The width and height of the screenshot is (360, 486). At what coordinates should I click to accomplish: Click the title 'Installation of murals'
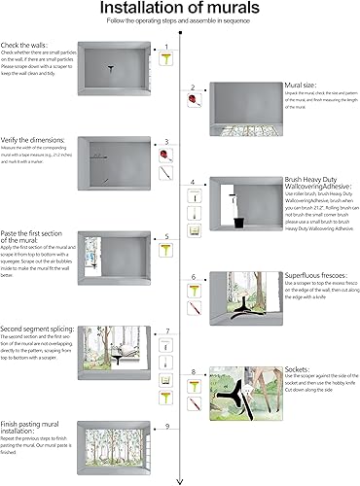tap(179, 10)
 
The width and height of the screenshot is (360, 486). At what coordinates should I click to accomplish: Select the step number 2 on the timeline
tap(193, 87)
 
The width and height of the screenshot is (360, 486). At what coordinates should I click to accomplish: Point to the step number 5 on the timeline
tap(166, 235)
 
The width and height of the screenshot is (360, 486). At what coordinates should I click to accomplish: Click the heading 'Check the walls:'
tap(26, 46)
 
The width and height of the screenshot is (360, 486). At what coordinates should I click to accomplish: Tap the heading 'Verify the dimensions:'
tap(37, 138)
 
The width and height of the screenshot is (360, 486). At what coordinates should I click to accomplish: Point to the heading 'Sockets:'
tap(298, 369)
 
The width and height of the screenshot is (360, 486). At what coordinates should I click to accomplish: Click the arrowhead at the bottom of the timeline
tap(179, 480)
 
